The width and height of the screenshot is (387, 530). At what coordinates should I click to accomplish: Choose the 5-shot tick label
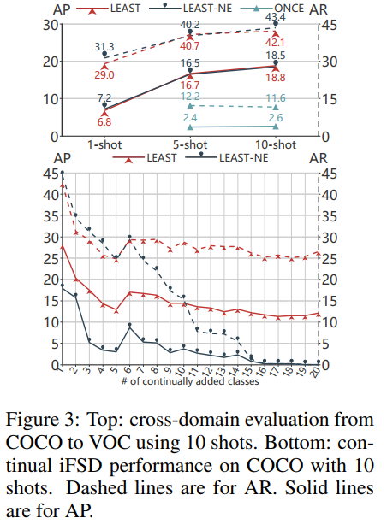click(x=191, y=144)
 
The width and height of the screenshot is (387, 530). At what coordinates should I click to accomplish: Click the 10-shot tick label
click(x=277, y=144)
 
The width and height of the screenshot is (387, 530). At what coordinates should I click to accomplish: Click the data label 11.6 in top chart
click(x=276, y=99)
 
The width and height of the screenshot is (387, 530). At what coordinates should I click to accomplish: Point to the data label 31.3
click(x=104, y=47)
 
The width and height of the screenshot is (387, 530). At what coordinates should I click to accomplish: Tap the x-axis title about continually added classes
click(x=190, y=381)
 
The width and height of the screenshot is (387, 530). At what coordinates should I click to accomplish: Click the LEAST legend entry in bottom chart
click(x=159, y=158)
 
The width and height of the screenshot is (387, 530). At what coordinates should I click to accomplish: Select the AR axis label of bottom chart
click(x=319, y=158)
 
